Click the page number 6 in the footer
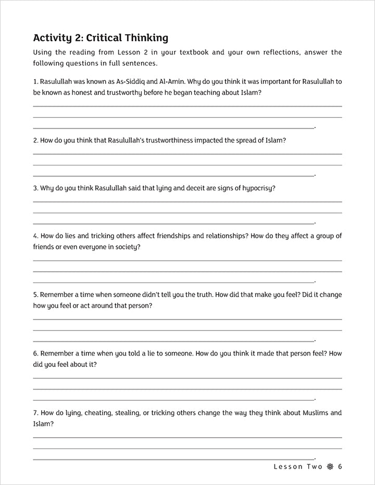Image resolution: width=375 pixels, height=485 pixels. (x=340, y=466)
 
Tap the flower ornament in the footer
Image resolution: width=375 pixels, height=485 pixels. (x=329, y=466)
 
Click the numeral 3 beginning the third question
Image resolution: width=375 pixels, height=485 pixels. (x=35, y=188)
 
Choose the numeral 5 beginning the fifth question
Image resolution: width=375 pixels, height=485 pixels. (x=35, y=295)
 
